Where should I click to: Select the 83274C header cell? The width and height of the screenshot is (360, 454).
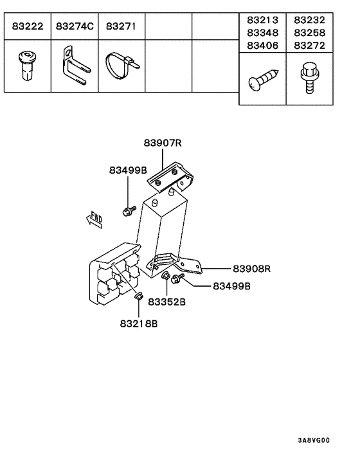(75, 27)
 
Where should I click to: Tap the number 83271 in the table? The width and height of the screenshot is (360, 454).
(120, 27)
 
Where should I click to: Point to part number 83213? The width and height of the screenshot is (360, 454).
(262, 20)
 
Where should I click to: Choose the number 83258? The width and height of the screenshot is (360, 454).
(310, 32)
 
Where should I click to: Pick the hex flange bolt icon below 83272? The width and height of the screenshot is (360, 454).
(310, 78)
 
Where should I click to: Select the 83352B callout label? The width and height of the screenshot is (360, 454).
(167, 302)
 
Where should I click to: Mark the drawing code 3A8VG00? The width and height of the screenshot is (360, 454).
(312, 440)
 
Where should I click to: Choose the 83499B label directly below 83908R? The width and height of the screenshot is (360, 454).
(231, 286)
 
